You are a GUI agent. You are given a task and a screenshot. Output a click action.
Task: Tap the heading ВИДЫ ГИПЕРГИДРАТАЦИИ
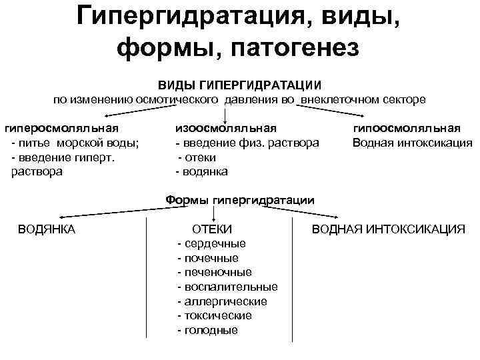click(239, 86)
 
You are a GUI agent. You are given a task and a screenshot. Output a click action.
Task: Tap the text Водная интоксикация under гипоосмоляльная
click(412, 143)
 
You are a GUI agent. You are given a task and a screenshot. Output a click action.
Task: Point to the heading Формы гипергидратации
click(240, 199)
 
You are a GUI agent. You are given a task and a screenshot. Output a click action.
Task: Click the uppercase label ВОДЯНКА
click(47, 229)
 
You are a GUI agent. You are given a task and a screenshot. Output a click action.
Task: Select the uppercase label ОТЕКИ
click(212, 229)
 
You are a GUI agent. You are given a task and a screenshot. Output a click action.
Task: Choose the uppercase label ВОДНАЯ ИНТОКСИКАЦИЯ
click(389, 229)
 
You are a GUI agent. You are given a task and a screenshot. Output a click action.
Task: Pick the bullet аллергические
click(222, 301)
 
